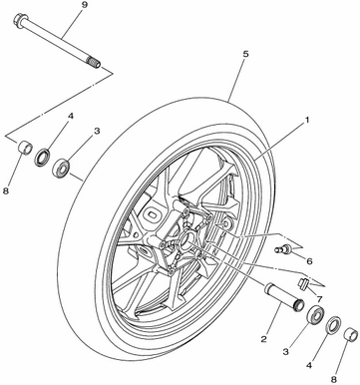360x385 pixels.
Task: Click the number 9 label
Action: (83, 7)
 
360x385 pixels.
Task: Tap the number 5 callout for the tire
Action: (245, 55)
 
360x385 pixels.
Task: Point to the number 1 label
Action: (307, 120)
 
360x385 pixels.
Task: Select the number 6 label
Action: (309, 261)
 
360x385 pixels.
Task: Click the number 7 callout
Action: (319, 298)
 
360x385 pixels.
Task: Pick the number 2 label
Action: (263, 339)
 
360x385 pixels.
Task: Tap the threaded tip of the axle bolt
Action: (95, 62)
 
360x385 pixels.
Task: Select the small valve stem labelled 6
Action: (282, 248)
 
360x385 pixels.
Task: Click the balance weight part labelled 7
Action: (303, 283)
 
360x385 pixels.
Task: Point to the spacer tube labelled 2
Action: (283, 296)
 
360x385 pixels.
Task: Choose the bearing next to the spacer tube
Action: (315, 314)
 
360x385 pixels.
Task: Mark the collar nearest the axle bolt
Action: (25, 148)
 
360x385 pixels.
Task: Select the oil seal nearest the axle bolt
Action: (43, 158)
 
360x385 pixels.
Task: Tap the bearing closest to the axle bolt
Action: (61, 168)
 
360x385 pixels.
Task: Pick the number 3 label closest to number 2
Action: (286, 351)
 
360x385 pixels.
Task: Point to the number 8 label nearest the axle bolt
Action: (6, 192)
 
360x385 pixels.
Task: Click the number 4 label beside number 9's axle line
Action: (70, 116)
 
